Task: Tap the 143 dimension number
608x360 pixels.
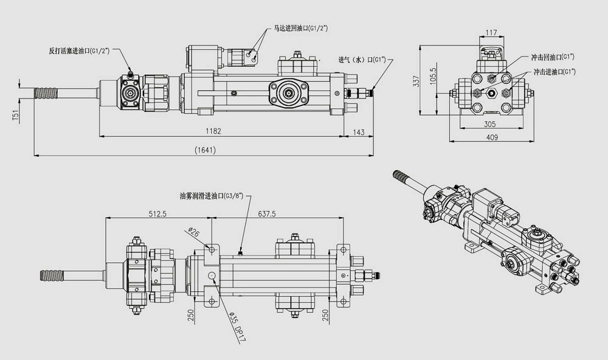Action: click(359, 131)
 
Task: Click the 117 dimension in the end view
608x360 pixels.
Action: click(492, 33)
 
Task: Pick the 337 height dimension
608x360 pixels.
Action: click(417, 80)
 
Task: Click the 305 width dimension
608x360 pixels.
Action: click(490, 123)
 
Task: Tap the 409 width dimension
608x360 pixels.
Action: click(492, 137)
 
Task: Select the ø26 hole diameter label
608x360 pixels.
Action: click(193, 232)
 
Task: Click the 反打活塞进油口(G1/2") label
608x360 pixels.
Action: click(79, 50)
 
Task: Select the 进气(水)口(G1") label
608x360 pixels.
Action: click(362, 60)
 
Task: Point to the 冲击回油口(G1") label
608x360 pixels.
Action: click(553, 58)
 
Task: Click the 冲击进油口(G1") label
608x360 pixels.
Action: click(554, 72)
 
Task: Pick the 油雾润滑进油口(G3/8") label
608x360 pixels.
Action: click(211, 196)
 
